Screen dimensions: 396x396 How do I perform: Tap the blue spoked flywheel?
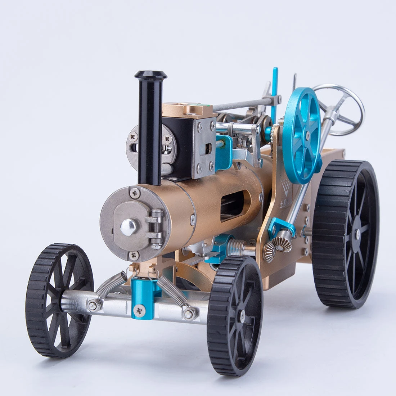click(x=302, y=135)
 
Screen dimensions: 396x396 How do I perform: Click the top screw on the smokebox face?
click(x=135, y=193)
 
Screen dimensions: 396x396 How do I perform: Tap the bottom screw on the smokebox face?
click(x=133, y=255)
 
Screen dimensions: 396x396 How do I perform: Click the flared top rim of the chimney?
click(x=151, y=75)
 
